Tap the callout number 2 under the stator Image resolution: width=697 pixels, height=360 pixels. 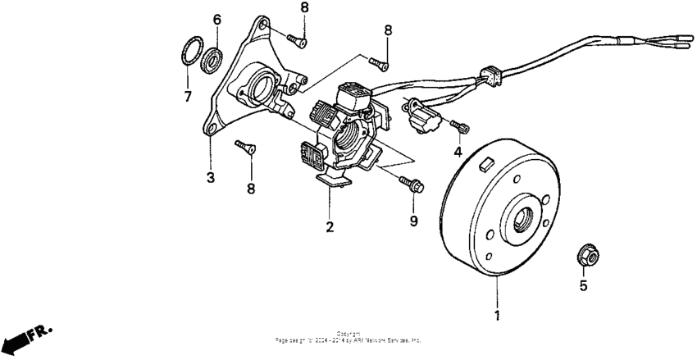(330, 227)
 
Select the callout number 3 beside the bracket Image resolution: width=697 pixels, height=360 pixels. (210, 177)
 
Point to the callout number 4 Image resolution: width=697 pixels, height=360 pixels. (458, 152)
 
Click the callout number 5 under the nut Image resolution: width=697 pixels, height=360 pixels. (584, 286)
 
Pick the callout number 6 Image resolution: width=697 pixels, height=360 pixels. (217, 19)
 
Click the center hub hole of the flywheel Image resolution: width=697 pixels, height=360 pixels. (522, 219)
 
